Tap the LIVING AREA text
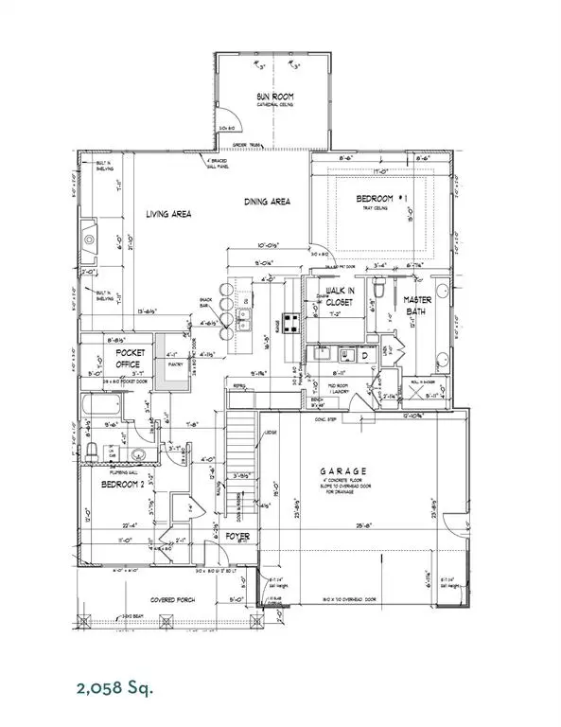click(168, 215)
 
